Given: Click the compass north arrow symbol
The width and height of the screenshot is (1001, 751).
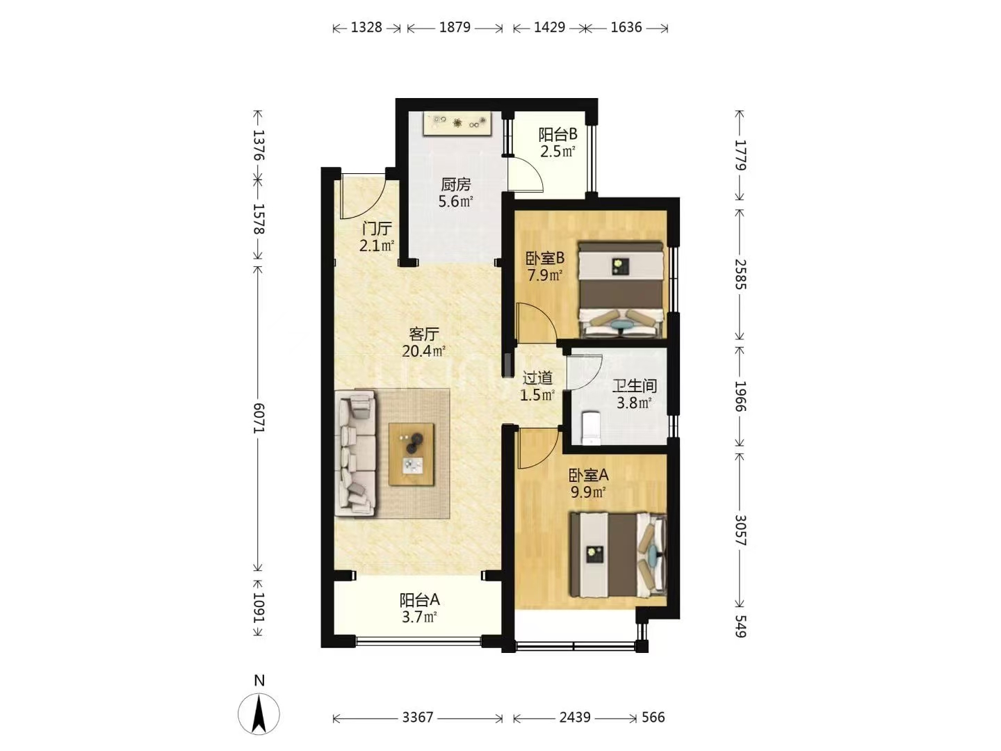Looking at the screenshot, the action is click(259, 715).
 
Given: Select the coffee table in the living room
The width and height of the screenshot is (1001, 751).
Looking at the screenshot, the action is click(411, 455).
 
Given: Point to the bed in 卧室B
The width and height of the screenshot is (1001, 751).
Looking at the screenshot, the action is click(621, 290).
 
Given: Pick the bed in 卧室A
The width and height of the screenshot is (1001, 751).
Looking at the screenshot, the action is click(618, 554).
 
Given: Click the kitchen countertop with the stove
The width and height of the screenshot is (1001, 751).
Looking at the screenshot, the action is click(457, 122).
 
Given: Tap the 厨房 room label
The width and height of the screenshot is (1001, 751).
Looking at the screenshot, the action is click(455, 184).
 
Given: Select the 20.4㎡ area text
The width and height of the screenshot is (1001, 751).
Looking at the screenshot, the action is click(423, 351).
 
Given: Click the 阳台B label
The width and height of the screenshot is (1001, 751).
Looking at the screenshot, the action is click(558, 134).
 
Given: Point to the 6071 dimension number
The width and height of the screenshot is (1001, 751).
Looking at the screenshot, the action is click(259, 417).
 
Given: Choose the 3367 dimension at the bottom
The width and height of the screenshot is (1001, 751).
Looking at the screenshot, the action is click(417, 717).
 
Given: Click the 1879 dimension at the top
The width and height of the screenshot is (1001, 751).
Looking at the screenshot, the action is click(455, 27).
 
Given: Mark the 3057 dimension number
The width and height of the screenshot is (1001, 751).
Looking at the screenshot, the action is click(740, 531).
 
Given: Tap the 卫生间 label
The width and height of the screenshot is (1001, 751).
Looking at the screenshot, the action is click(635, 386).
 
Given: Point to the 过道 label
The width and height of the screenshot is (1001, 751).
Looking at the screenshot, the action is click(537, 378).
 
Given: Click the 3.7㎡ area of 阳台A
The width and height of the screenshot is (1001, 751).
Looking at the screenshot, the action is click(419, 617).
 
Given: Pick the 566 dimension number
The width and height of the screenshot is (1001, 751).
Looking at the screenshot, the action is click(653, 717).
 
